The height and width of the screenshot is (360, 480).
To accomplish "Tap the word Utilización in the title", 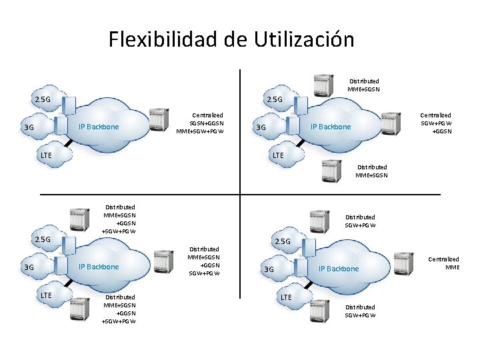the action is (304, 39).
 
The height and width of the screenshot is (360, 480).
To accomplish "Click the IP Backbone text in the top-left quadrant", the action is (99, 127).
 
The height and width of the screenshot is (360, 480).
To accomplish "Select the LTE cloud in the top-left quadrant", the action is (45, 155).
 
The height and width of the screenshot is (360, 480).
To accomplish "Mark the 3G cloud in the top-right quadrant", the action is (261, 127).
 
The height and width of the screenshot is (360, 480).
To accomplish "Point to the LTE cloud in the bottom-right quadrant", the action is (286, 296).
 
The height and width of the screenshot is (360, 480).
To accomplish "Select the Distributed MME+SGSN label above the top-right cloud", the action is (363, 85).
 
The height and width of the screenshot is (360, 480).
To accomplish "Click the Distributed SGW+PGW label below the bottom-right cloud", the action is (360, 311).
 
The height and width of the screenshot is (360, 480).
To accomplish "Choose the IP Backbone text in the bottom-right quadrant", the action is (339, 269).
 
